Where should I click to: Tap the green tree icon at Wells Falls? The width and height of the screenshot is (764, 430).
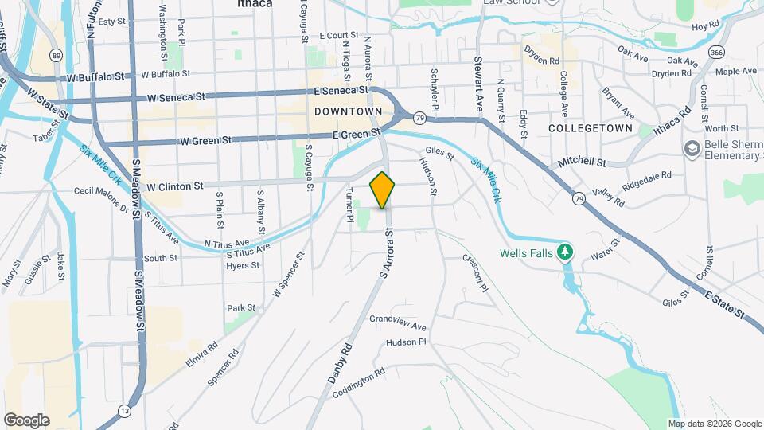[565, 252]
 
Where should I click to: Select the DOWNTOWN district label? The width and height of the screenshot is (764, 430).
[348, 111]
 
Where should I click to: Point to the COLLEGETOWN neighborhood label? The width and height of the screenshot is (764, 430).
[591, 127]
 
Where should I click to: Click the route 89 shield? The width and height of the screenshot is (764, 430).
[55, 54]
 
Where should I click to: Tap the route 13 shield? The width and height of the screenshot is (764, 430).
[124, 411]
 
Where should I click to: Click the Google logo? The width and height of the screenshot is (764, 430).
[26, 420]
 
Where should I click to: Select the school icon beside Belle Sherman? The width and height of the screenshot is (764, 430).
[691, 149]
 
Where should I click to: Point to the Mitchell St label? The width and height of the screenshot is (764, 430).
[582, 162]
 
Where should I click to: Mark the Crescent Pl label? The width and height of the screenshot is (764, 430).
[475, 272]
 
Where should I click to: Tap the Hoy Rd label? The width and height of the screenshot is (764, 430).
[706, 26]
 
